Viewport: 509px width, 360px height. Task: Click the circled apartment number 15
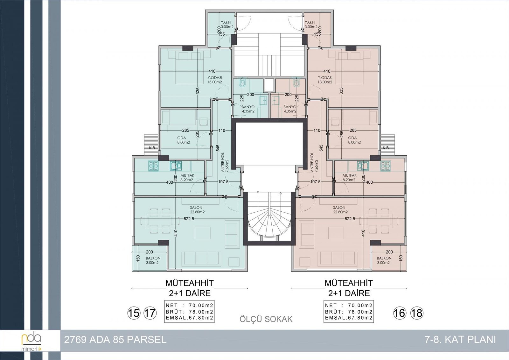(x=134, y=313)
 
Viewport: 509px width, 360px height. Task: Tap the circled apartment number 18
(x=417, y=313)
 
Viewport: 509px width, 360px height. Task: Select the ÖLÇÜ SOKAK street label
(x=266, y=319)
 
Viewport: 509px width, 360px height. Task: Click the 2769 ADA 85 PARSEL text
(x=115, y=340)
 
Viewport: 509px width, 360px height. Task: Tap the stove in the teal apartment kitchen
(x=153, y=166)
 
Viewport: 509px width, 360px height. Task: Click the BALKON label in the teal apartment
(x=153, y=258)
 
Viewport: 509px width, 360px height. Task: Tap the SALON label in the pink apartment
(x=339, y=208)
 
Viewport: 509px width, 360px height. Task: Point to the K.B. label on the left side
(x=152, y=148)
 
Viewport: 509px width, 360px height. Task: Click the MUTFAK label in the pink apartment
(x=350, y=176)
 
